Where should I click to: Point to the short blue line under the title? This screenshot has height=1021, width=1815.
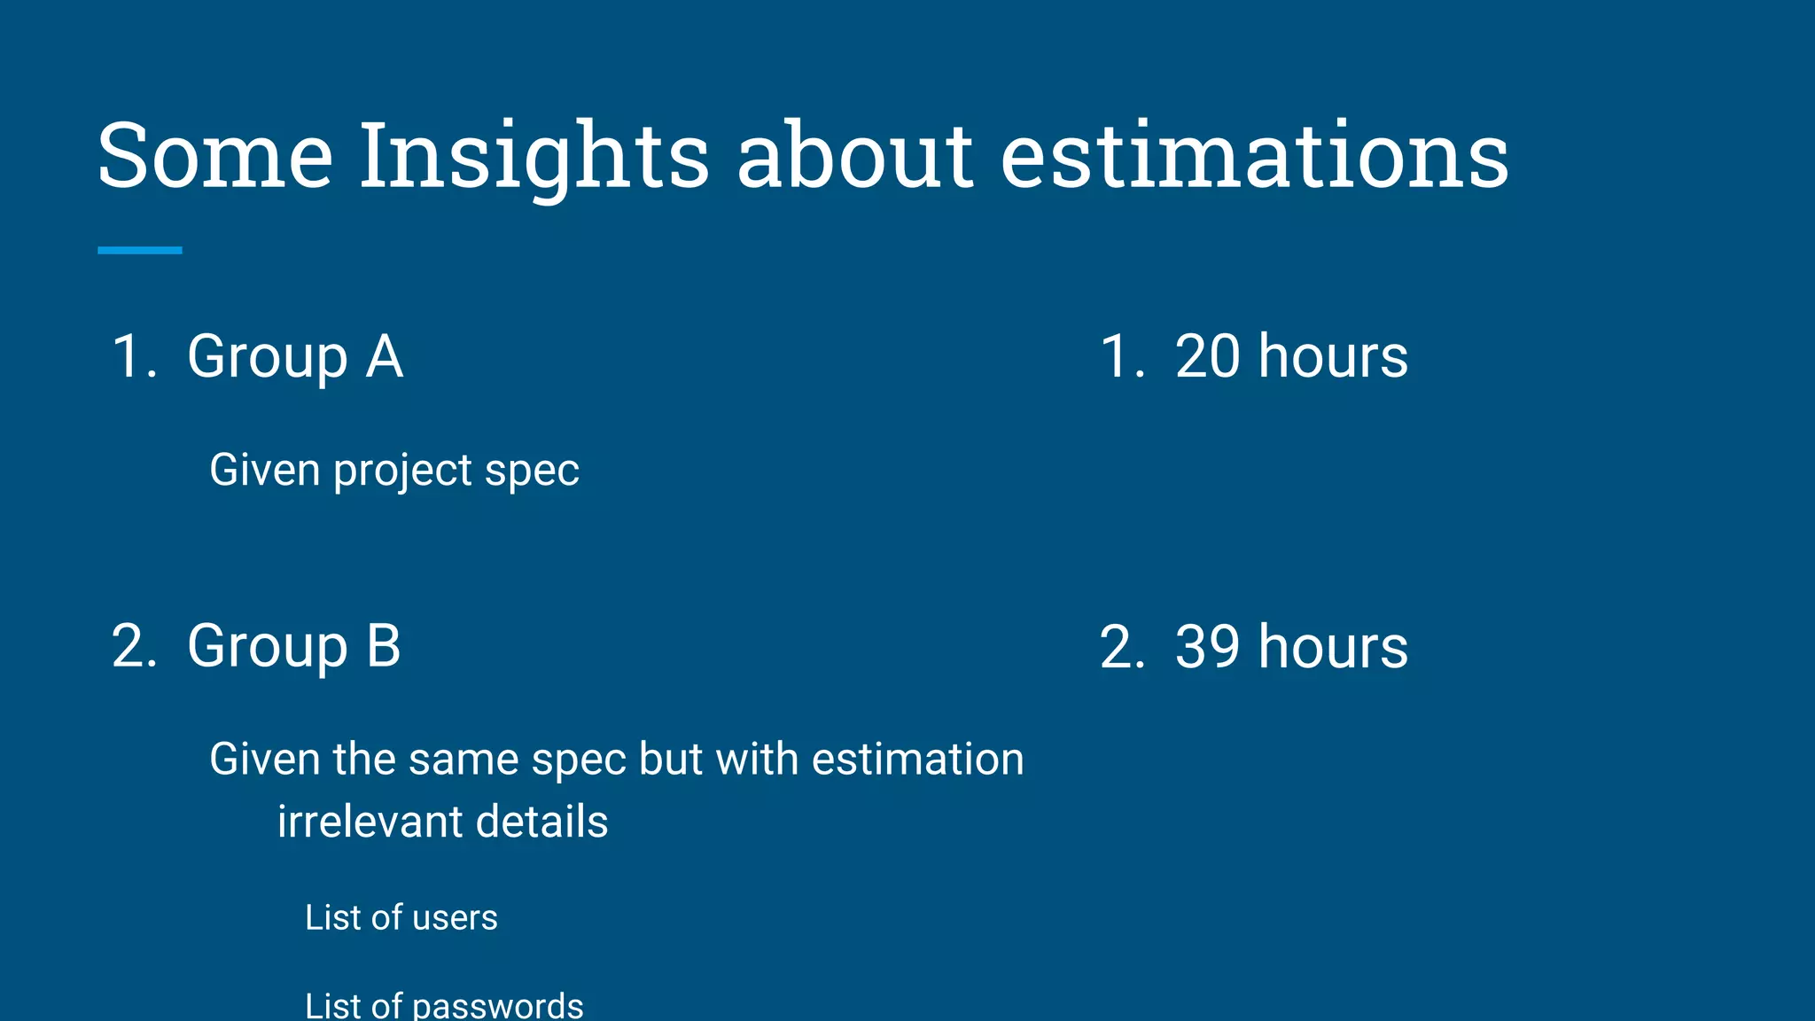(x=140, y=251)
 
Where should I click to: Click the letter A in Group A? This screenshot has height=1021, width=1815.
(x=385, y=356)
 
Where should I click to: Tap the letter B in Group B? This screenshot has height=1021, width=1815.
(x=384, y=646)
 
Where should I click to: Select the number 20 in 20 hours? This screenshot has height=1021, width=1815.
(x=1207, y=356)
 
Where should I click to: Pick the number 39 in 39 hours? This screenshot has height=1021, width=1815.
(x=1207, y=646)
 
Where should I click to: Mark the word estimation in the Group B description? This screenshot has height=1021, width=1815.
(x=917, y=760)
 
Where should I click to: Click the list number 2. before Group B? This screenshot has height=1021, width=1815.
(x=134, y=646)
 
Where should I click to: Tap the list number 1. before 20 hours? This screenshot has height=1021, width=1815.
(x=1122, y=356)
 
